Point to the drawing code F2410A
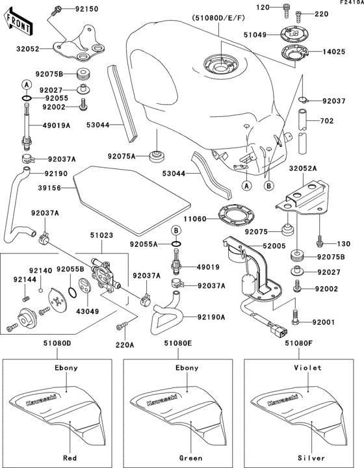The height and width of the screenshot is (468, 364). (349, 3)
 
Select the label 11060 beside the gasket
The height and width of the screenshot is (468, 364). (195, 220)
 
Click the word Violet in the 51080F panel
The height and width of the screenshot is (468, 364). (307, 367)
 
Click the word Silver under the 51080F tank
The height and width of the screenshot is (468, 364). (307, 458)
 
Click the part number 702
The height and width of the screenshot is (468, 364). (327, 121)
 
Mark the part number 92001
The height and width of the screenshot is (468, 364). (325, 322)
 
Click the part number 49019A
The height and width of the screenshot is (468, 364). (57, 127)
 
